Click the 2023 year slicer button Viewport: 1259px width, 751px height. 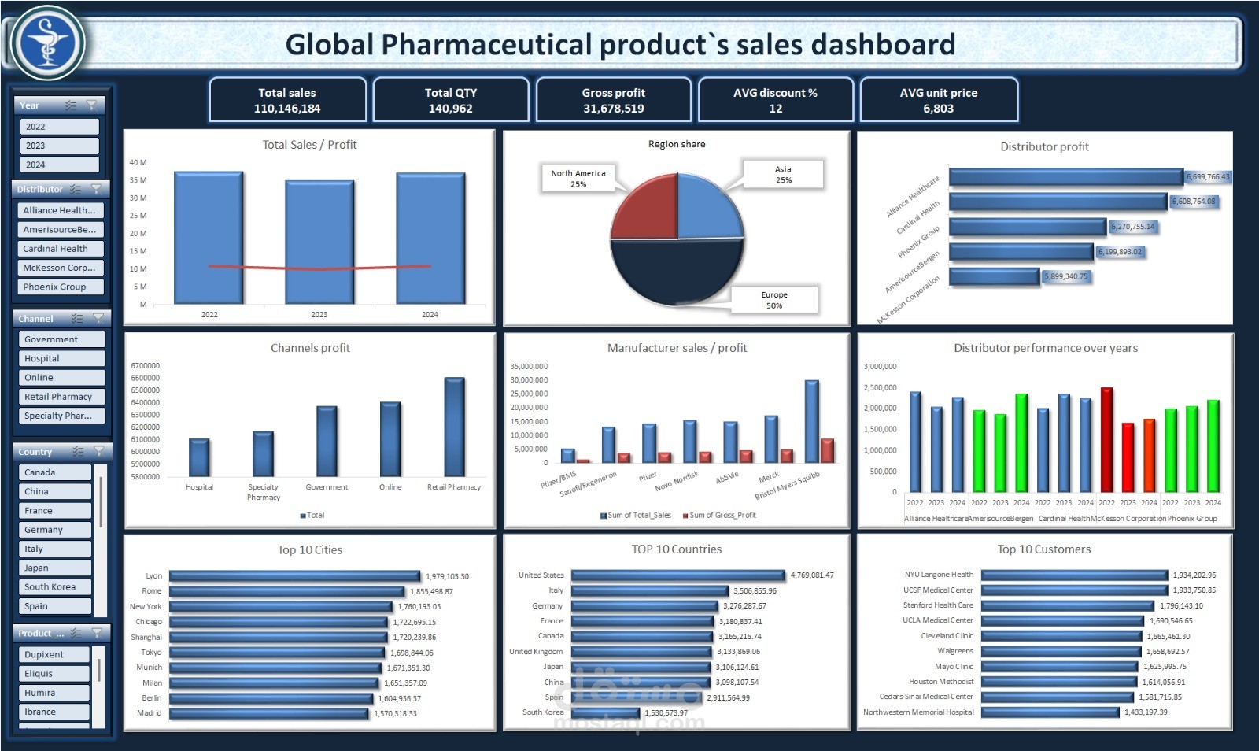pos(59,146)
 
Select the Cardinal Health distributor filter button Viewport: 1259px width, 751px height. pos(60,249)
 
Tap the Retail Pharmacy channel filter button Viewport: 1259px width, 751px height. pos(61,397)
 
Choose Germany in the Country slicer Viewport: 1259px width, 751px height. pos(54,530)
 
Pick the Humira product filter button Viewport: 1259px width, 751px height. pos(54,693)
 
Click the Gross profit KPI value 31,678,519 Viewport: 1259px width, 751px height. pos(613,109)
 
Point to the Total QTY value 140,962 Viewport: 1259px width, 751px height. pos(450,109)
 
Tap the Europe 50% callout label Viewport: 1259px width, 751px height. pos(774,300)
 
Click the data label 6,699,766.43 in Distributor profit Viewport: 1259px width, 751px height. pos(1208,177)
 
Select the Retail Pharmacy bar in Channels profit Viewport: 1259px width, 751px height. pos(454,426)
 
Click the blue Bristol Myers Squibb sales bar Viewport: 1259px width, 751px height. pos(811,421)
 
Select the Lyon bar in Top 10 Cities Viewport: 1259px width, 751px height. pos(294,576)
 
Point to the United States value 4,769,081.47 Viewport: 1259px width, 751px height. pos(812,575)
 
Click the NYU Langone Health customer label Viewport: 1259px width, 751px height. pos(939,575)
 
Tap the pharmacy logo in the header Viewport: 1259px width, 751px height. pos(46,43)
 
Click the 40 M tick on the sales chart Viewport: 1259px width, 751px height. pos(138,163)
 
